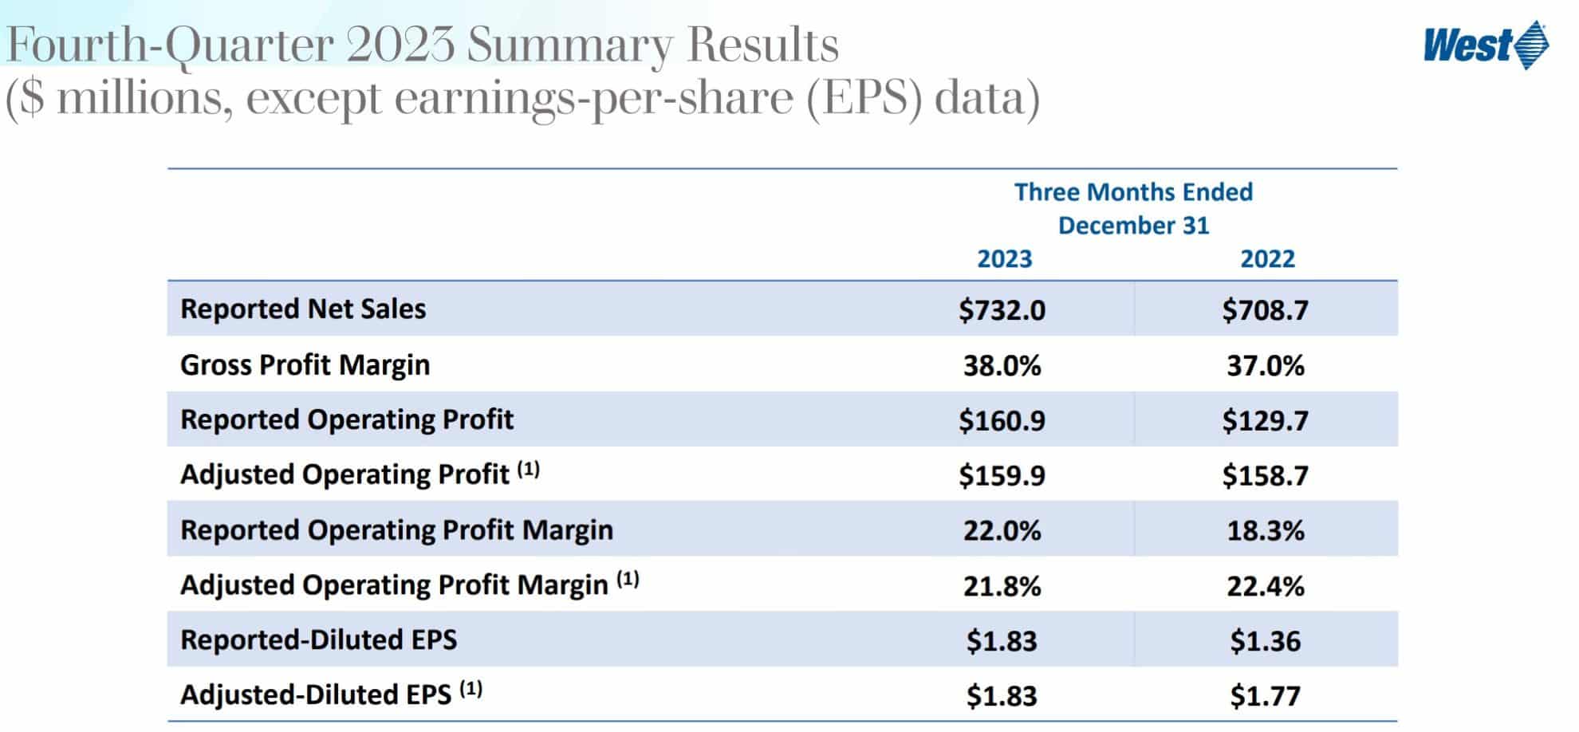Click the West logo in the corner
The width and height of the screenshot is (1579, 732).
tap(1485, 45)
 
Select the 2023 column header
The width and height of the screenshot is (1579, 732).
tap(1004, 259)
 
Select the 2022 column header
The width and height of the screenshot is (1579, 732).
tap(1266, 259)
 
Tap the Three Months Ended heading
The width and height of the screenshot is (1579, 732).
tap(1132, 192)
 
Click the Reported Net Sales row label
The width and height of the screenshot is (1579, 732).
tap(303, 309)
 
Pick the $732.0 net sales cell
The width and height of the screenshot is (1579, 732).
tap(1002, 310)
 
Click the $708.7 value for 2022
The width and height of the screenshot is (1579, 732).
tap(1265, 310)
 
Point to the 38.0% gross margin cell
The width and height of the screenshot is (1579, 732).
tap(1002, 366)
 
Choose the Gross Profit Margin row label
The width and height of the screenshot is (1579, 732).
tap(305, 365)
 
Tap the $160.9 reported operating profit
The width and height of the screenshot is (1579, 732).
tap(1002, 420)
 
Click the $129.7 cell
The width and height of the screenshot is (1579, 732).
tap(1265, 420)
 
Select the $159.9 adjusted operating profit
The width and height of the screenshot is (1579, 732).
tap(1002, 476)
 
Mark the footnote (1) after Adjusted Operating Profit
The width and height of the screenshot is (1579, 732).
tap(528, 470)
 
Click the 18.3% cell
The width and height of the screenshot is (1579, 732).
tap(1265, 531)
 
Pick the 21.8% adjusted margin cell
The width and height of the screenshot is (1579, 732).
tap(1002, 587)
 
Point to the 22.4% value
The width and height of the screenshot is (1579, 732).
tap(1265, 587)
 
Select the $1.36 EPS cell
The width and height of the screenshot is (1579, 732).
tap(1265, 641)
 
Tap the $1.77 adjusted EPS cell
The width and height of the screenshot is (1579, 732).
tap(1265, 696)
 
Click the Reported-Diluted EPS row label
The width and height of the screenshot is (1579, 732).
tap(318, 640)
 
